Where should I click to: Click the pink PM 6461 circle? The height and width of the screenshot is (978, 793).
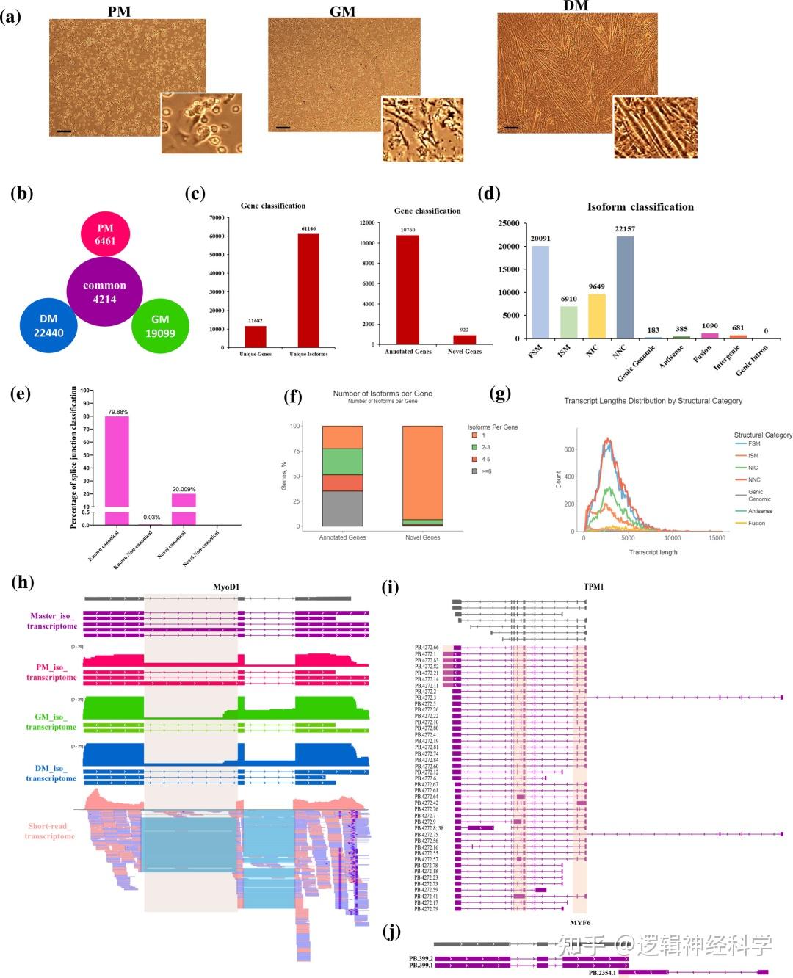(x=105, y=234)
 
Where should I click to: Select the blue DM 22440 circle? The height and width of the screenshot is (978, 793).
(x=48, y=326)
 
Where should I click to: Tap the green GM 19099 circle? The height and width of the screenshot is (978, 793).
(x=160, y=326)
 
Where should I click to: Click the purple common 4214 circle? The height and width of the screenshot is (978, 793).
(x=104, y=291)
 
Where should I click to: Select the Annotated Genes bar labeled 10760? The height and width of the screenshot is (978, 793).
(x=408, y=289)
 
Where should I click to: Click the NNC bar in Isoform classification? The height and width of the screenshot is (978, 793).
(x=625, y=286)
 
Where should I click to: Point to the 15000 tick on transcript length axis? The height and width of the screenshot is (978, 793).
(x=717, y=538)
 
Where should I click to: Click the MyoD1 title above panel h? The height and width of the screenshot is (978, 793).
(x=226, y=587)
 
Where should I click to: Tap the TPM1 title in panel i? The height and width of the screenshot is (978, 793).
(x=593, y=587)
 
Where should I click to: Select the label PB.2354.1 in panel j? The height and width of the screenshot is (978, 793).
(x=602, y=972)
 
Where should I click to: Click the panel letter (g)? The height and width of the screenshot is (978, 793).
(x=500, y=394)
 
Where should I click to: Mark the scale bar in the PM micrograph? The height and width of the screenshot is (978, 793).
(x=64, y=131)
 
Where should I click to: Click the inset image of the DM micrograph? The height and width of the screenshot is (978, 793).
(x=655, y=127)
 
